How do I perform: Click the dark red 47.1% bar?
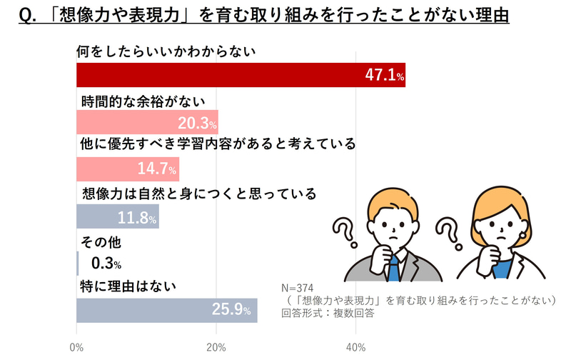241,75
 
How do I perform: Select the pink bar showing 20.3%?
147,122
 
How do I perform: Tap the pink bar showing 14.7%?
127,169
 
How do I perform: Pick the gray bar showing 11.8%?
117,216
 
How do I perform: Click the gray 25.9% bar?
166,311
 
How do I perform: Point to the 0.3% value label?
106,264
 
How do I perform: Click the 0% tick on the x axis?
76,348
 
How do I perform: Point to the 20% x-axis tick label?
216,348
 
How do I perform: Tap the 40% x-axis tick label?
355,348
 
